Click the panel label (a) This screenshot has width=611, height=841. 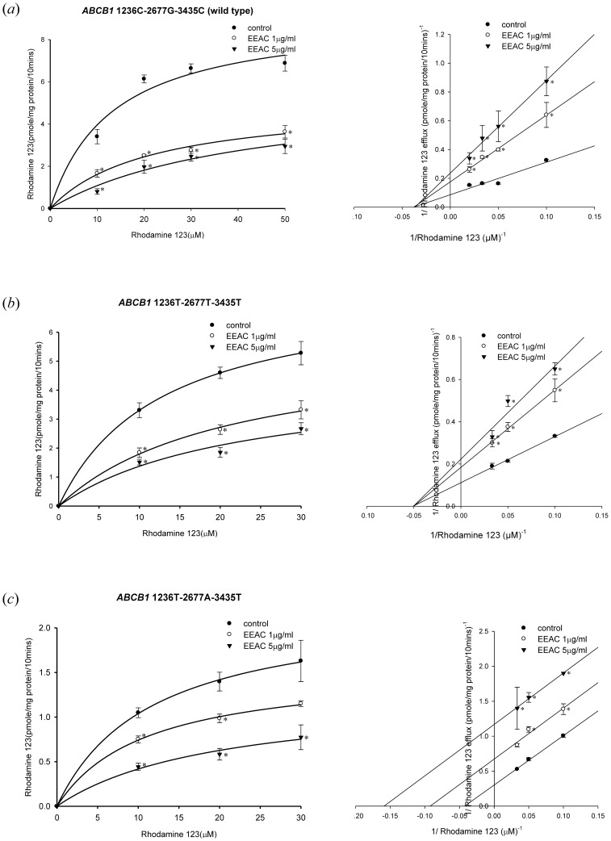click(19, 10)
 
